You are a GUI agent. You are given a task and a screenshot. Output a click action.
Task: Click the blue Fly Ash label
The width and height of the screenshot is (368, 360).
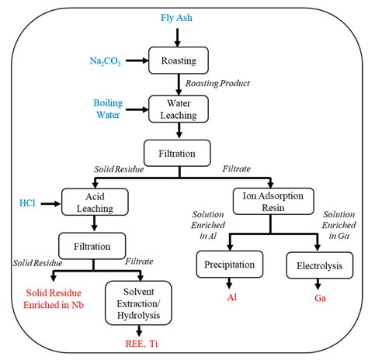(x=178, y=16)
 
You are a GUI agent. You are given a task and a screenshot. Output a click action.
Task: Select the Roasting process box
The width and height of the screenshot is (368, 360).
(x=178, y=59)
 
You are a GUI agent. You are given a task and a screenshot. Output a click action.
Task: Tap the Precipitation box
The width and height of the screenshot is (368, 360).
(x=230, y=265)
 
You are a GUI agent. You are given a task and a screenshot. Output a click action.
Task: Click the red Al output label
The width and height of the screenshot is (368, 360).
(x=231, y=297)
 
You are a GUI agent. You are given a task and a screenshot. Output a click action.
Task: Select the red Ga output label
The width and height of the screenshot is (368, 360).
(x=318, y=297)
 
